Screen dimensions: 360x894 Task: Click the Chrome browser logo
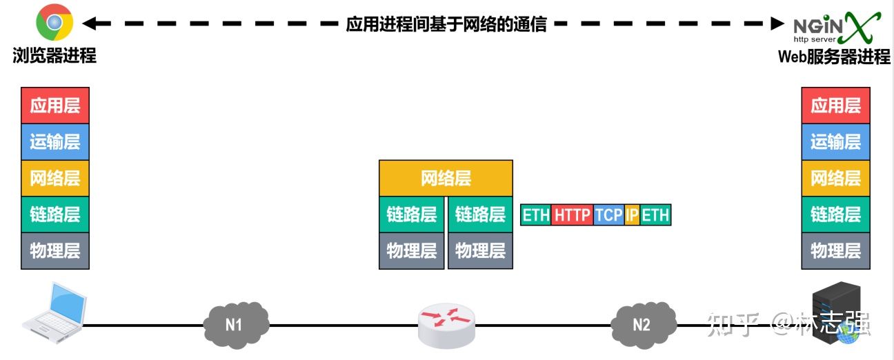tap(54, 24)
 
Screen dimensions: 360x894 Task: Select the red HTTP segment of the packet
tap(573, 214)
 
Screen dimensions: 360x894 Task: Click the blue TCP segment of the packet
tap(608, 214)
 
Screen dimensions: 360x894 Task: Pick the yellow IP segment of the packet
tap(632, 214)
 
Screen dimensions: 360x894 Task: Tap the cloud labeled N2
tap(642, 323)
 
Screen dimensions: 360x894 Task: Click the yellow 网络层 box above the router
tap(446, 179)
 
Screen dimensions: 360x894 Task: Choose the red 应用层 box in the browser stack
tap(55, 106)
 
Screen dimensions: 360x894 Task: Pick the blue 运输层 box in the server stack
tap(835, 142)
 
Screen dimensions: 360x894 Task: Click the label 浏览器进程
tap(54, 56)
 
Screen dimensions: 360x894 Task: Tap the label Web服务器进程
tap(834, 57)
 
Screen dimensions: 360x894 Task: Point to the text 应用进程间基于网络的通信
tap(446, 24)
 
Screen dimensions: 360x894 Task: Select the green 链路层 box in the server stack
tap(835, 214)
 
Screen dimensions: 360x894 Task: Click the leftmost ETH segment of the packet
tap(536, 214)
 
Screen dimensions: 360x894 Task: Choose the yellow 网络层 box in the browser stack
tap(55, 179)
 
